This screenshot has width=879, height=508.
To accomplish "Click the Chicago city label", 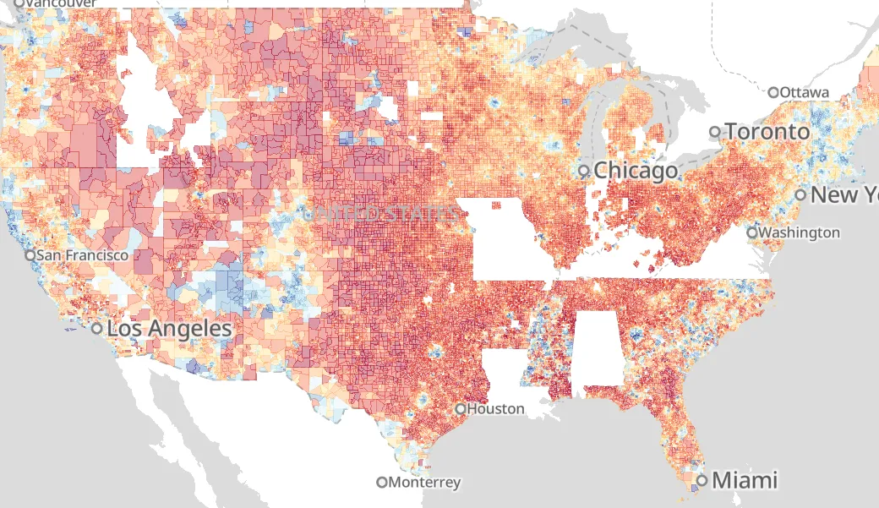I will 636,171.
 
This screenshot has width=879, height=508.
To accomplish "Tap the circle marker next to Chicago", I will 584,171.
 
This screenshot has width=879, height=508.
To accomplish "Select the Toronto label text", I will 767,132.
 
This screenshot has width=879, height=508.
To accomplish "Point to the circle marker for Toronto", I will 715,132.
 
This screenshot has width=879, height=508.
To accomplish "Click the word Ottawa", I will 805,92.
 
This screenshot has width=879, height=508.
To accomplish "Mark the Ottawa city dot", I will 773,92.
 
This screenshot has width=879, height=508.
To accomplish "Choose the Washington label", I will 800,232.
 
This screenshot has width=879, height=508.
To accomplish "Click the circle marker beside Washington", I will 752,232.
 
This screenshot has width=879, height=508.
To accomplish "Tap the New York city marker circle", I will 800,195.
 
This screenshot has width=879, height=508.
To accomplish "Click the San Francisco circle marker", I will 30,254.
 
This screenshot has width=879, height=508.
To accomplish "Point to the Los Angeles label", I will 169,329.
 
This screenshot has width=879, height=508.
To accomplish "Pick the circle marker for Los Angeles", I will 97,329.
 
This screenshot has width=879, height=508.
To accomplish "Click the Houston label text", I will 495,409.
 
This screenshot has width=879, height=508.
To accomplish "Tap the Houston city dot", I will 460,409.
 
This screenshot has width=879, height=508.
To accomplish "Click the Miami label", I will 744,481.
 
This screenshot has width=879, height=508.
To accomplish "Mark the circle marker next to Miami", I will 702,481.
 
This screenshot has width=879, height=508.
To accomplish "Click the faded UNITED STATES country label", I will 385,214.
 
